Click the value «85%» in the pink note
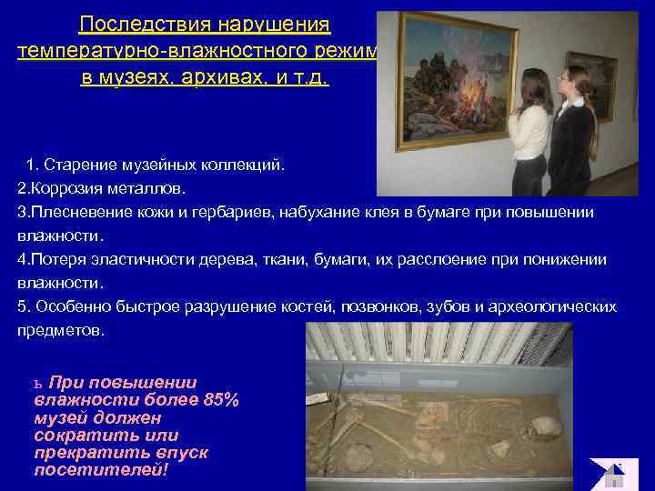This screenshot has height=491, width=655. [221, 399]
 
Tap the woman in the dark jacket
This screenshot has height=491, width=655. [573, 127]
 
